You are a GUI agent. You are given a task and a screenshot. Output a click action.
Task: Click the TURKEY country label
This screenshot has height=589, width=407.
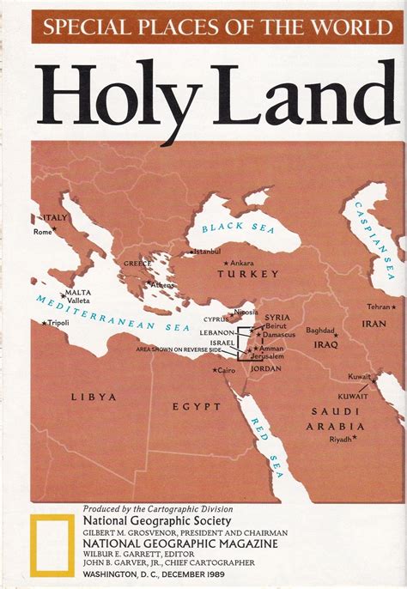[x=248, y=274]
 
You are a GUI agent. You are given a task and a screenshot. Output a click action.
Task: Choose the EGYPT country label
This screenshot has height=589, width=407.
[x=191, y=405]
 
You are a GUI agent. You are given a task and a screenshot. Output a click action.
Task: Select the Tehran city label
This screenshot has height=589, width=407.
[x=379, y=307]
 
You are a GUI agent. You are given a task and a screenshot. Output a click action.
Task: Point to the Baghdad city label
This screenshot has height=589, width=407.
[x=319, y=330]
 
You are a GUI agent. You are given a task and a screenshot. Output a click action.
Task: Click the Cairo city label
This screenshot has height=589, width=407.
[x=225, y=370]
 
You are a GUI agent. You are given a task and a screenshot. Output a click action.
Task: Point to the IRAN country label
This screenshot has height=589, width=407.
[x=374, y=324]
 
